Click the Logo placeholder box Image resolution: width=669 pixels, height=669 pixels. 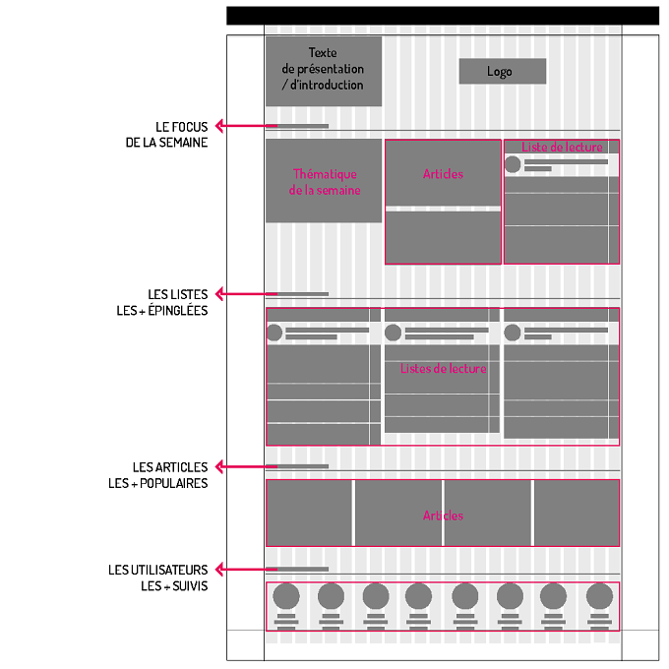502,71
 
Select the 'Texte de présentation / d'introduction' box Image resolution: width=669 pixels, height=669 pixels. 324,71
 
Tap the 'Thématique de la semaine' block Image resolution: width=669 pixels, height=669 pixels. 324,181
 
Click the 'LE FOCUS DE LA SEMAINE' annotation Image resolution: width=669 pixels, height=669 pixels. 166,135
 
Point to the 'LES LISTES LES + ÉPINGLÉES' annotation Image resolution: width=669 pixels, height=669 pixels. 162,302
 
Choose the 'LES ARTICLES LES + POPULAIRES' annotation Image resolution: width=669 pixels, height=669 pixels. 157,475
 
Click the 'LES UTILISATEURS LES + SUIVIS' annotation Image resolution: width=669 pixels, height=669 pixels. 157,578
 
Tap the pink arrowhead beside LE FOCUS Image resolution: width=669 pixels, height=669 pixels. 218,126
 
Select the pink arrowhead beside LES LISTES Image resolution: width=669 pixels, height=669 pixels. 218,294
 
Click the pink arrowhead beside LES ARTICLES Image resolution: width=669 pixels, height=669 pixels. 218,466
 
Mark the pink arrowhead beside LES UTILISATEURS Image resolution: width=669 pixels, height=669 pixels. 218,570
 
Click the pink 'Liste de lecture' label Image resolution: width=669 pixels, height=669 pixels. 562,147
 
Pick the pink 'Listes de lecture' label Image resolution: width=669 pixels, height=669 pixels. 444,368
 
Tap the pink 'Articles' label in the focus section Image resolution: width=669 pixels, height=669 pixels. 443,174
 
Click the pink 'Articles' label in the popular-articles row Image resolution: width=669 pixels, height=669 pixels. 443,516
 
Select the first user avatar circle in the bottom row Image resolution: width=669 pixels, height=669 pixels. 286,596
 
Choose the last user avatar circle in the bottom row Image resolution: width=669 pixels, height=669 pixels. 599,596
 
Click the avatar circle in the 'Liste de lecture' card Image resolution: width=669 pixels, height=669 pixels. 513,164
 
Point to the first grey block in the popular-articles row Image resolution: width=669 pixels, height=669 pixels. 309,513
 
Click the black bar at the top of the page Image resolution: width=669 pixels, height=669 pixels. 443,16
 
